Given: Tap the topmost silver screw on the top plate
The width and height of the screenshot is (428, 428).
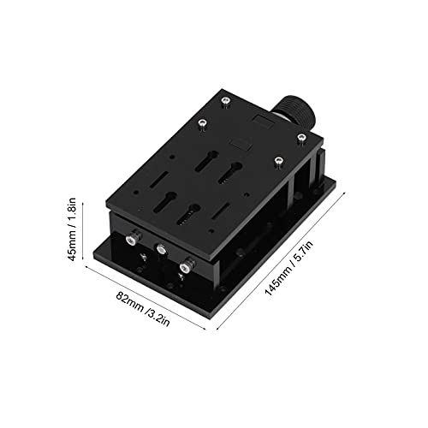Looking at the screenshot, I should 224,104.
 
